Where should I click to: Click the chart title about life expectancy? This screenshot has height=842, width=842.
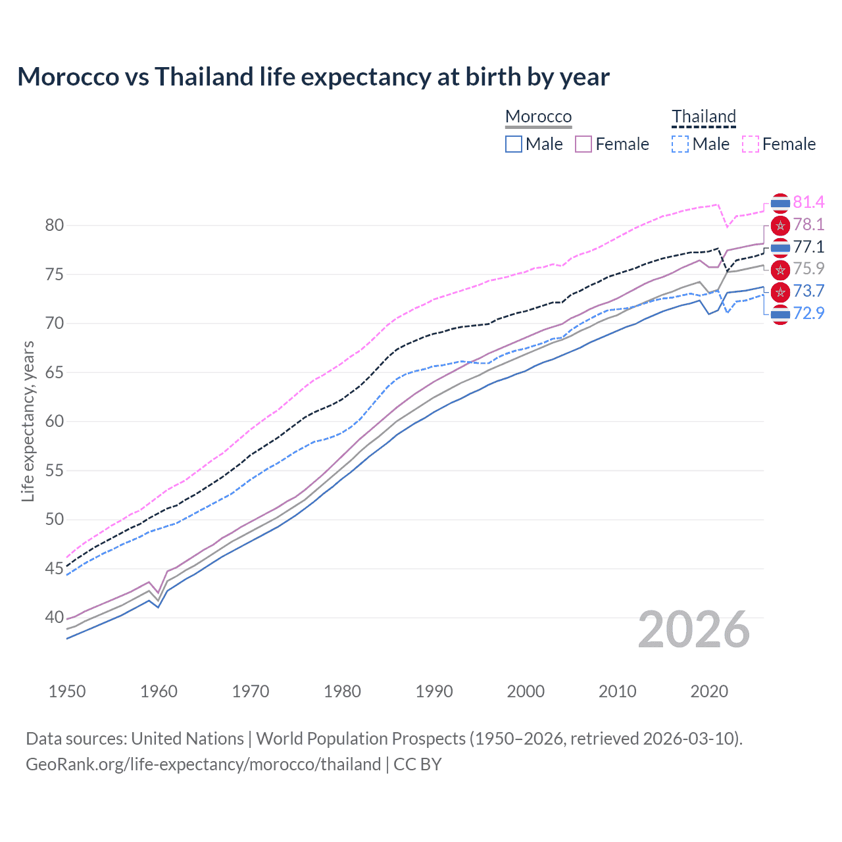coord(313,77)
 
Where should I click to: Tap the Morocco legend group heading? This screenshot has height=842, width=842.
coord(538,116)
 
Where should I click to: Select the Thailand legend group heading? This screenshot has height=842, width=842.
coord(703,116)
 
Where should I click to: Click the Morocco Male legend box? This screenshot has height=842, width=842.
coord(514,144)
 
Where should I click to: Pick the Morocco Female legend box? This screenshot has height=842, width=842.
coord(584,144)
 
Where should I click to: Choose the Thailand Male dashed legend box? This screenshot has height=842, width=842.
coord(680,144)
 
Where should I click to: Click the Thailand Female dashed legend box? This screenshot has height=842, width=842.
coord(751,144)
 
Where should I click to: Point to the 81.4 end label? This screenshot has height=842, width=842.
coord(808,202)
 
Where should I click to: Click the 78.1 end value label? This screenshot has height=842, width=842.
coord(808,224)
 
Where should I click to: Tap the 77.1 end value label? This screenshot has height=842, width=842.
coord(808,247)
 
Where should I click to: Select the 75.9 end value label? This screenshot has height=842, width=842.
coord(808,268)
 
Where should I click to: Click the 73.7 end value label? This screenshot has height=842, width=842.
coord(808,291)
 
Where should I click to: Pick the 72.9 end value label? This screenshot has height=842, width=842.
coord(808,313)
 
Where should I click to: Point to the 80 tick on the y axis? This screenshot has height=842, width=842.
coord(55,225)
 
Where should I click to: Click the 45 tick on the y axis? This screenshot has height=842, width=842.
coord(55,568)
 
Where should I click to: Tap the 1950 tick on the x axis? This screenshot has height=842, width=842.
coord(67,691)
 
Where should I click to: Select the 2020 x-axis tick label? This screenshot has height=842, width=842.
coord(709,691)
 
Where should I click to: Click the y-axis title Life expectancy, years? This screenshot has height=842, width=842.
coord(28,421)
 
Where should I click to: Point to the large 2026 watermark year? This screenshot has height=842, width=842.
coord(693,630)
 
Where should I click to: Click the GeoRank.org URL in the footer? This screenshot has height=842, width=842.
coord(203,764)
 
